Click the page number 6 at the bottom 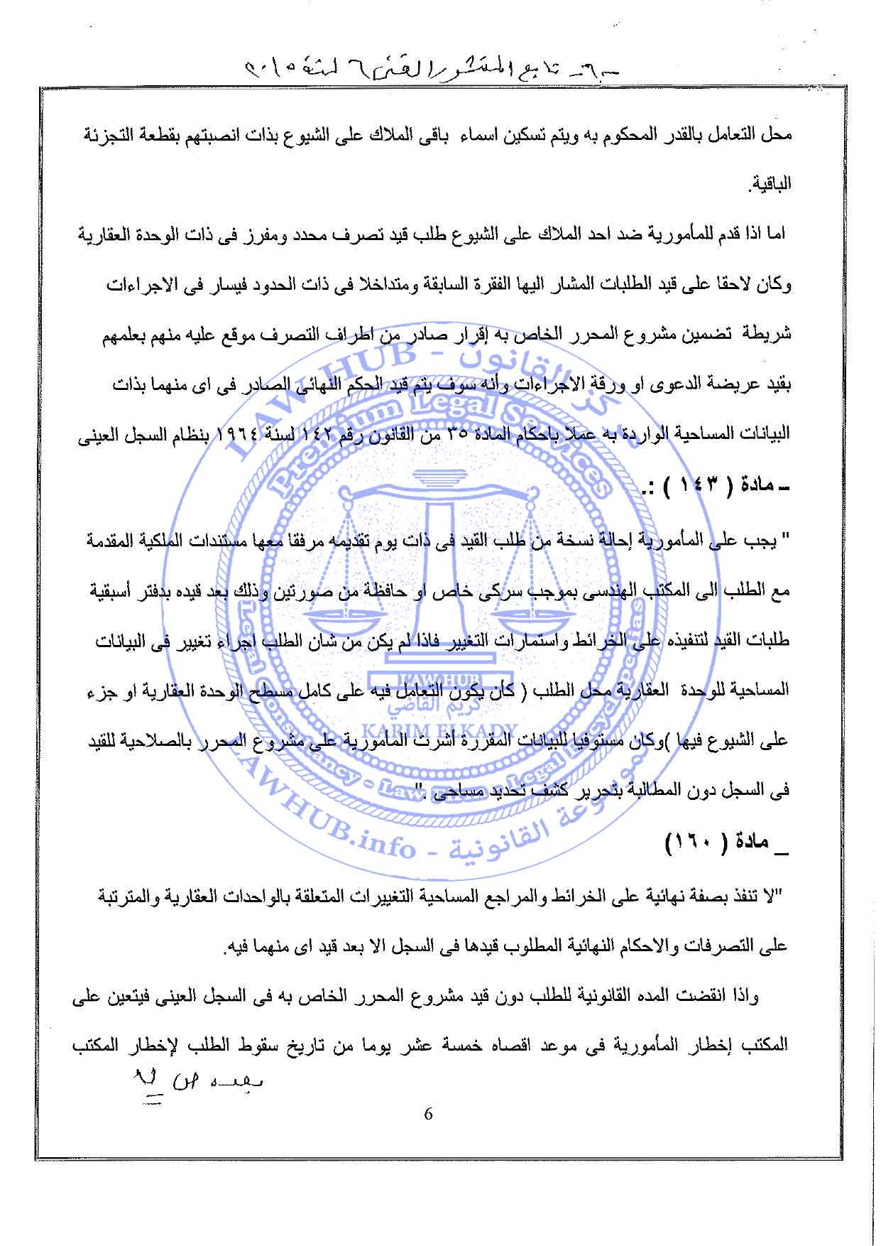coord(427,1114)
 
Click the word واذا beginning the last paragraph coord(742,997)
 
